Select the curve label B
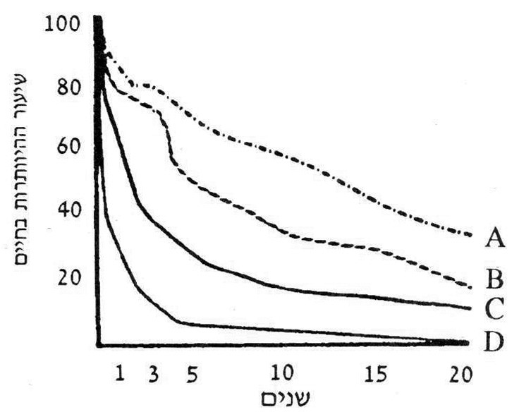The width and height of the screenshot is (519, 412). (494, 281)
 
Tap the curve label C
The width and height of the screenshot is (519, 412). (494, 309)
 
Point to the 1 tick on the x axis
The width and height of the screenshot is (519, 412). (120, 371)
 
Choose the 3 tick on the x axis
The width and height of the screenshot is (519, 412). (154, 371)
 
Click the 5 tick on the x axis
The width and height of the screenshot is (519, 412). (190, 371)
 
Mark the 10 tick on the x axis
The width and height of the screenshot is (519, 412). (281, 371)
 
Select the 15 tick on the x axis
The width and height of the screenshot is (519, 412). (372, 371)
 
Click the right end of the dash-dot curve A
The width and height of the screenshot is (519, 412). (470, 234)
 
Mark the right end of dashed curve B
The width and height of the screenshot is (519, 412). (470, 286)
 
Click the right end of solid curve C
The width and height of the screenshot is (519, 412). (470, 308)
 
